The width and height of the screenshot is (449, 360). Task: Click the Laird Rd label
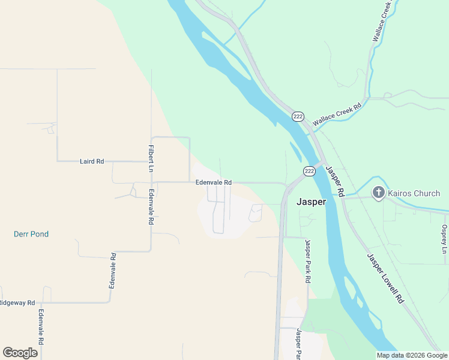click(x=92, y=161)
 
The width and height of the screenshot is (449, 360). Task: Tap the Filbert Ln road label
click(x=151, y=159)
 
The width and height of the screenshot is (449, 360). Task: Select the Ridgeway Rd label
click(x=17, y=303)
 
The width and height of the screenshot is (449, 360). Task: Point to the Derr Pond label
click(x=31, y=234)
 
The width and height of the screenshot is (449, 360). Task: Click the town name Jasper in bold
click(x=311, y=202)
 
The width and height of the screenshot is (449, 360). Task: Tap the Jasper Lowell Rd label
click(x=385, y=278)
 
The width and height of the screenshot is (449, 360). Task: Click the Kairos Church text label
click(x=414, y=193)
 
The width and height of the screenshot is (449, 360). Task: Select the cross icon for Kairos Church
click(x=379, y=193)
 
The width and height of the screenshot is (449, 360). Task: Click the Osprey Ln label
click(x=444, y=239)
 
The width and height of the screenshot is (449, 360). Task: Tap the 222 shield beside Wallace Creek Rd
click(x=298, y=116)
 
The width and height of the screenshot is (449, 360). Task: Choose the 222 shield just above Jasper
click(x=309, y=171)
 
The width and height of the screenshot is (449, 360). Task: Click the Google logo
click(x=20, y=353)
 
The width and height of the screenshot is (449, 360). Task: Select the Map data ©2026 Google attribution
click(x=412, y=355)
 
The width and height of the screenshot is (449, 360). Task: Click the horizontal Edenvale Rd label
click(x=213, y=182)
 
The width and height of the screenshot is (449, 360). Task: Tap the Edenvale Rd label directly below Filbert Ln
click(x=151, y=207)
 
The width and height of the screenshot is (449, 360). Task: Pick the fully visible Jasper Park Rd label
click(x=307, y=262)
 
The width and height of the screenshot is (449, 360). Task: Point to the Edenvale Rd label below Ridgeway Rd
click(x=41, y=328)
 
